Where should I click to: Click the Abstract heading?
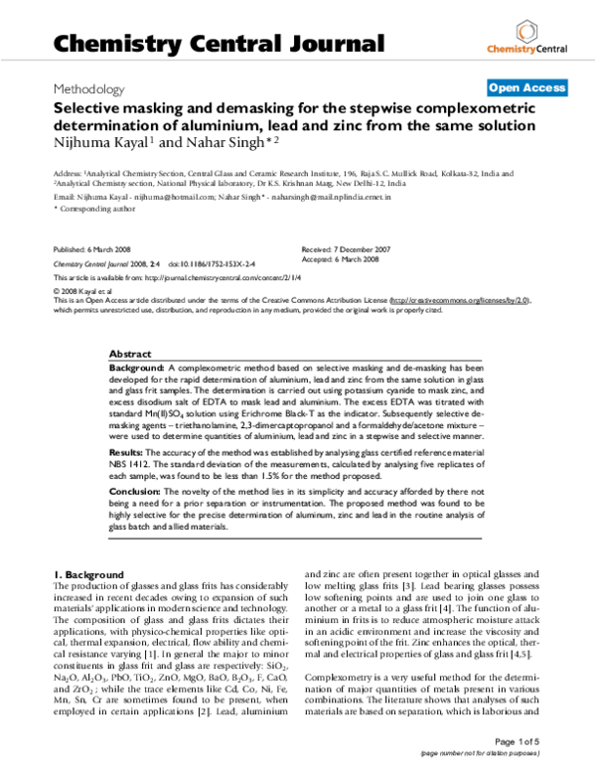coord(129,354)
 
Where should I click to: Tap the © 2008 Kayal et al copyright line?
coord(82,288)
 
